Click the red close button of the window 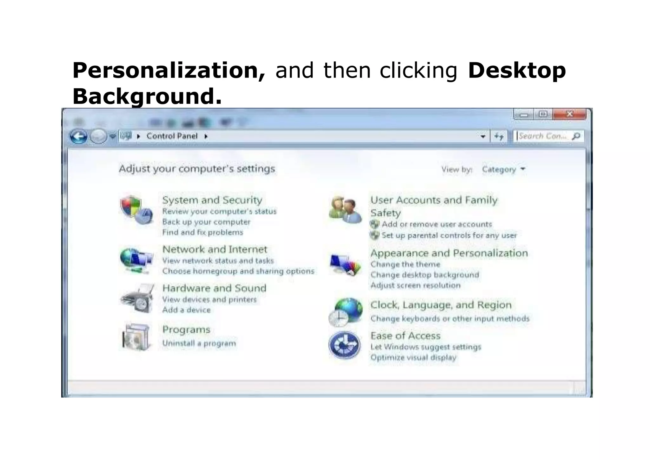pyautogui.click(x=569, y=114)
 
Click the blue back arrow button pyautogui.click(x=78, y=137)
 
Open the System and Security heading pyautogui.click(x=212, y=200)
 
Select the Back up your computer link pyautogui.click(x=206, y=222)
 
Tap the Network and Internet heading pyautogui.click(x=215, y=249)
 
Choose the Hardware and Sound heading pyautogui.click(x=214, y=288)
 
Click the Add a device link pyautogui.click(x=186, y=310)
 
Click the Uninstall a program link pyautogui.click(x=199, y=343)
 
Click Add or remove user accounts pyautogui.click(x=437, y=224)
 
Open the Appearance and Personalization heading pyautogui.click(x=449, y=253)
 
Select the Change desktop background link pyautogui.click(x=425, y=275)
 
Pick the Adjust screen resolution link pyautogui.click(x=415, y=285)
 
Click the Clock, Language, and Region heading pyautogui.click(x=441, y=305)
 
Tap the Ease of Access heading pyautogui.click(x=405, y=336)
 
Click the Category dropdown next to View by pyautogui.click(x=503, y=169)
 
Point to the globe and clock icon pyautogui.click(x=345, y=312)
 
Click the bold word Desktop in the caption pyautogui.click(x=517, y=70)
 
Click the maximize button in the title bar pyautogui.click(x=543, y=114)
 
